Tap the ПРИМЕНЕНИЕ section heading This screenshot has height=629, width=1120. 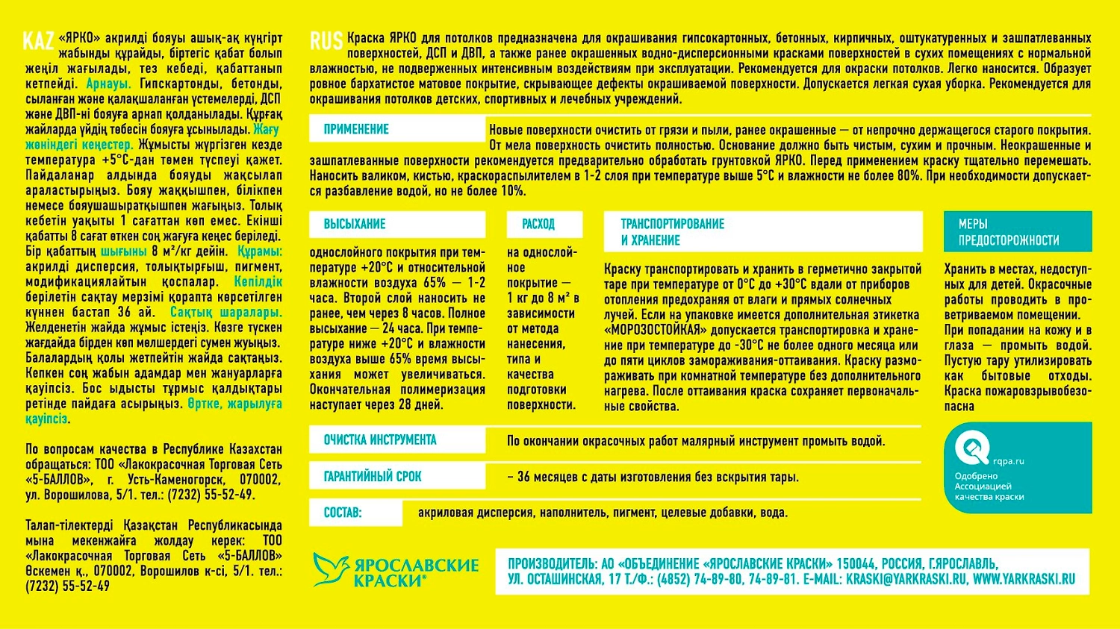(356, 129)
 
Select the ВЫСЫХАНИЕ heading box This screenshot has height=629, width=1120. (355, 224)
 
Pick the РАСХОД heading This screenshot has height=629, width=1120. (538, 224)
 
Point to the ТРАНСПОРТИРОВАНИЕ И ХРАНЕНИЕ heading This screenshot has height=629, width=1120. (672, 232)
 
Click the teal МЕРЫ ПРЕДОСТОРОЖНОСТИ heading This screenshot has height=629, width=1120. (1008, 232)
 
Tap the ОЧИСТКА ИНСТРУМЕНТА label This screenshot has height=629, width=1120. (379, 440)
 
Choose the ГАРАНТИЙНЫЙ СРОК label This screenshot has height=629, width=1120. (373, 476)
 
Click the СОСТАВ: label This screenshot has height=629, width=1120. (342, 513)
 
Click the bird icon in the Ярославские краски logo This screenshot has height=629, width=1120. (330, 569)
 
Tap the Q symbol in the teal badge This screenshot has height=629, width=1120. (972, 448)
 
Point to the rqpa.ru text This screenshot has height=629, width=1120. (1008, 461)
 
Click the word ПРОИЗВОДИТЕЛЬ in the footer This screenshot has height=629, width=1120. (550, 564)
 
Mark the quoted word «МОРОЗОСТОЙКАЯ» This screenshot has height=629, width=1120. (656, 330)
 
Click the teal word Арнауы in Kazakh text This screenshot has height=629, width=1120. (108, 84)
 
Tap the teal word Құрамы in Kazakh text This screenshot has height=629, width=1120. (259, 251)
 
